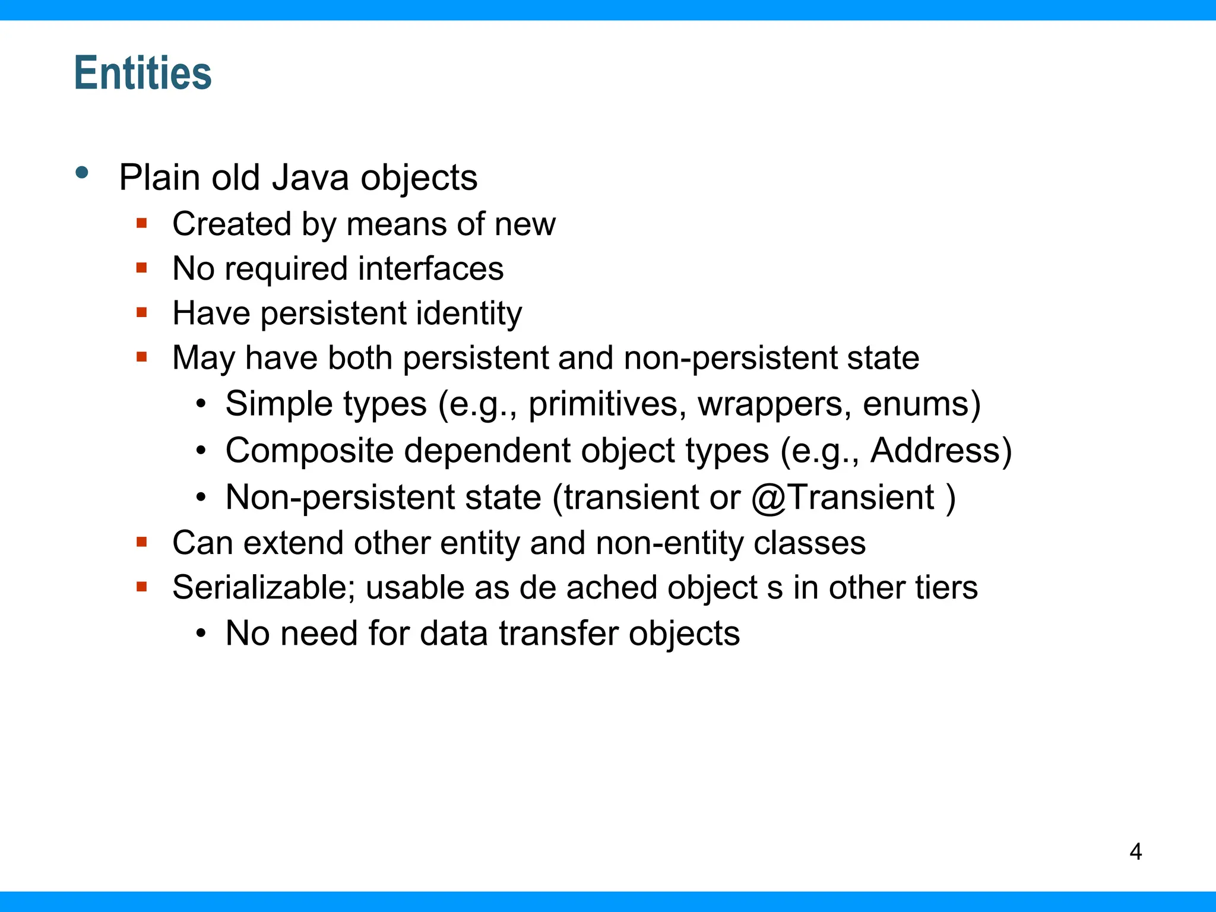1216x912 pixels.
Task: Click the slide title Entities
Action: click(x=142, y=73)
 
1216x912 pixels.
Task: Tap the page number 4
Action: click(x=1135, y=851)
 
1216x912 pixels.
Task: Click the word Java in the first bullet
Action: click(x=310, y=178)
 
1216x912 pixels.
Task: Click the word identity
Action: click(x=468, y=313)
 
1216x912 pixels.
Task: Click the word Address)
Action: click(x=941, y=451)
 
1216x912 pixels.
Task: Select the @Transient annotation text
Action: click(x=843, y=497)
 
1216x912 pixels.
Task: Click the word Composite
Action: click(x=309, y=451)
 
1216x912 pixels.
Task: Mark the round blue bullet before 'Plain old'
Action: click(x=82, y=173)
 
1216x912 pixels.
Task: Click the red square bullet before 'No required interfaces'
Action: click(x=141, y=268)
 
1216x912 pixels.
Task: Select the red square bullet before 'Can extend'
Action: click(x=141, y=541)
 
